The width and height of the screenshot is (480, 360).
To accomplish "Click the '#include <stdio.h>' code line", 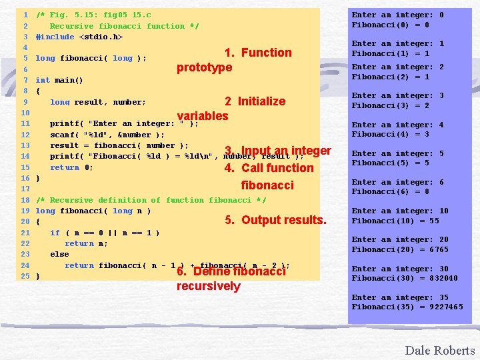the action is click(x=79, y=37).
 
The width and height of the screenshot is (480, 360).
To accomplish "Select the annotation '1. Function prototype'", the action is click(x=234, y=60).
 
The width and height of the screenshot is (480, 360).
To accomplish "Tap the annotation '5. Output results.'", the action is click(x=275, y=220).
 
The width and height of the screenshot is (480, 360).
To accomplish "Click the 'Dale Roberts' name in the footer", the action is click(x=439, y=351).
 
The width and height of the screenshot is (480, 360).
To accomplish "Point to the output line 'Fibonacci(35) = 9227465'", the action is click(x=407, y=307).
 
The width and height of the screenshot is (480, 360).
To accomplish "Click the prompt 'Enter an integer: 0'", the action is click(x=398, y=15).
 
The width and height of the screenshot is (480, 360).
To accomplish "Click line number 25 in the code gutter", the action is click(x=25, y=276).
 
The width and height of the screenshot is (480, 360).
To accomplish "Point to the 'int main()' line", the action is click(x=59, y=80).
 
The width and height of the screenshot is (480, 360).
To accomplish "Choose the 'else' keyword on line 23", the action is click(x=59, y=254).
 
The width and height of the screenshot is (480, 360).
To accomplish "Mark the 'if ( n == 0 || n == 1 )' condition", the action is click(x=105, y=233).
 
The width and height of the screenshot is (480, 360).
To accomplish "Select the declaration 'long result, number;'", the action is click(x=98, y=102).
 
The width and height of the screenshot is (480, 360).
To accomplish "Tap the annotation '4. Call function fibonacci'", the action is click(x=269, y=176).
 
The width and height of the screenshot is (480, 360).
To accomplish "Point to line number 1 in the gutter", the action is click(x=25, y=15).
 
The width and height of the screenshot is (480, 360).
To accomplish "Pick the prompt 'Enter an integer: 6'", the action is click(x=398, y=182).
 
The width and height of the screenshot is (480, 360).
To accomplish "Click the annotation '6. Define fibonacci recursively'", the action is click(x=231, y=279).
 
